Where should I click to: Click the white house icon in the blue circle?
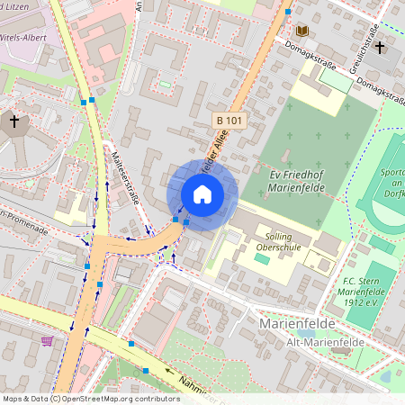[202, 194]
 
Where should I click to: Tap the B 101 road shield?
[229, 120]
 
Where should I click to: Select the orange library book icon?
[302, 31]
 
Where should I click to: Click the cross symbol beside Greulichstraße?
[380, 47]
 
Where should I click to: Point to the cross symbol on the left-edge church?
[13, 120]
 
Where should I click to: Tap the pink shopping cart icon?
[47, 340]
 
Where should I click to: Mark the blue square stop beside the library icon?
[288, 12]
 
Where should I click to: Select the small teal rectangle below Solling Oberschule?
[261, 257]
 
